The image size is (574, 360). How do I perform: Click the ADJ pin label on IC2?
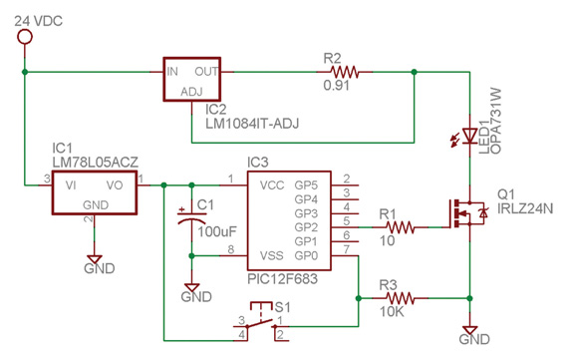pos(190,91)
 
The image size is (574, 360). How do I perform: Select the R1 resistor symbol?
pos(398,227)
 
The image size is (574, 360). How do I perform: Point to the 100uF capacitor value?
pos(217,231)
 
